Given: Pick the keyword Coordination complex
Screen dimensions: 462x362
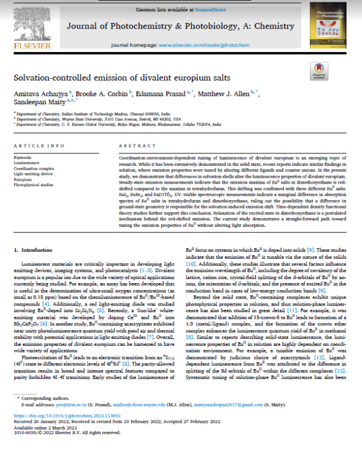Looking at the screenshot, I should tap(33, 168).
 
